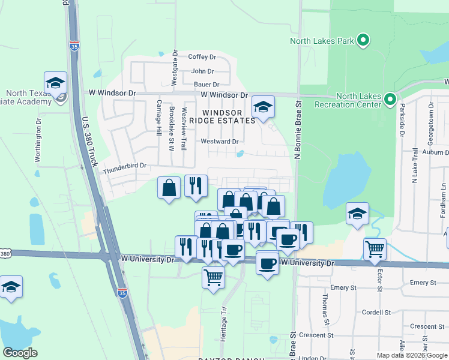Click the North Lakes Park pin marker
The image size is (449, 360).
tap(363, 41)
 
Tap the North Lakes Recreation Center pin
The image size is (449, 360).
tap(390, 98)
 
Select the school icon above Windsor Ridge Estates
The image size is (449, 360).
tap(263, 107)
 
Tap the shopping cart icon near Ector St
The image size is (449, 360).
tap(375, 248)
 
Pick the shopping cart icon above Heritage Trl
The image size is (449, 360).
tap(214, 277)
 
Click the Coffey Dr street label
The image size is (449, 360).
tap(202, 57)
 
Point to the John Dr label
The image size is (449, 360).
tap(202, 71)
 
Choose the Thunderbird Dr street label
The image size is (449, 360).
tap(124, 166)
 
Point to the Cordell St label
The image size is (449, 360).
tap(376, 313)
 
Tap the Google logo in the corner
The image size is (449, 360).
tap(20, 353)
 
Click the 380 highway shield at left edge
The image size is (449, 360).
tap(5, 254)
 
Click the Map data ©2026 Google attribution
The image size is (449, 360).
tap(411, 355)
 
